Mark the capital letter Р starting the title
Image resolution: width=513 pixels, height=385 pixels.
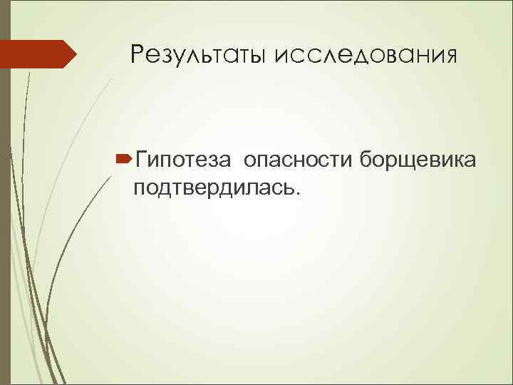coord(138,54)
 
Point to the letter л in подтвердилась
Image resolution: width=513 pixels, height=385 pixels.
coord(255,188)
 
